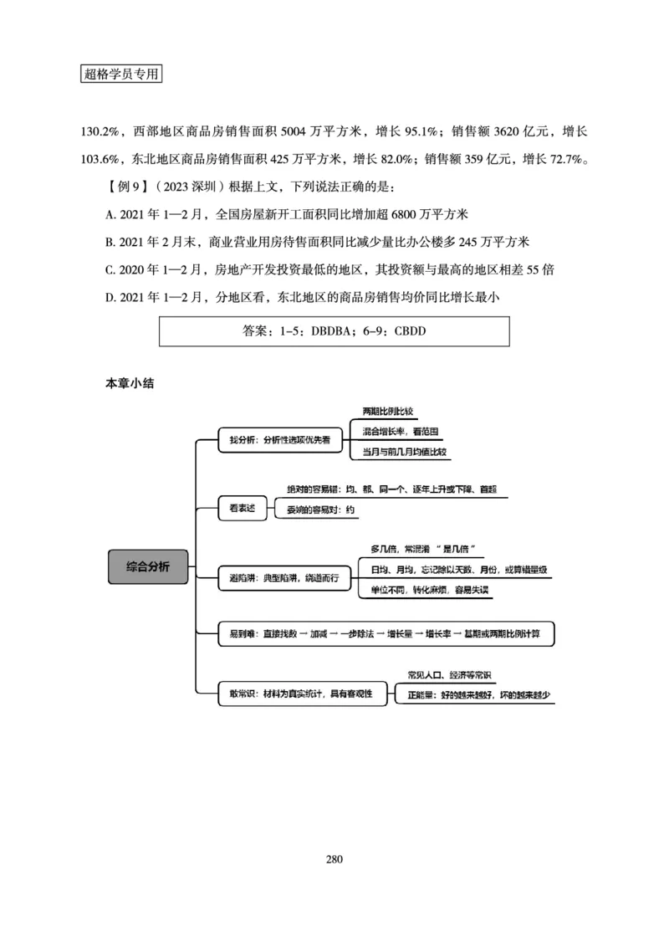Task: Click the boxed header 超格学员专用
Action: click(121, 74)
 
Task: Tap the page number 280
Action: click(334, 858)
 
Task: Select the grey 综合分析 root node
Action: click(148, 566)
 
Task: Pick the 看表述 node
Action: click(237, 505)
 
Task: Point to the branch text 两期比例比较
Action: click(388, 412)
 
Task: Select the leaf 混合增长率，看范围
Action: click(401, 432)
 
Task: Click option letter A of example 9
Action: click(110, 215)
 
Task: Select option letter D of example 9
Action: click(110, 295)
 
